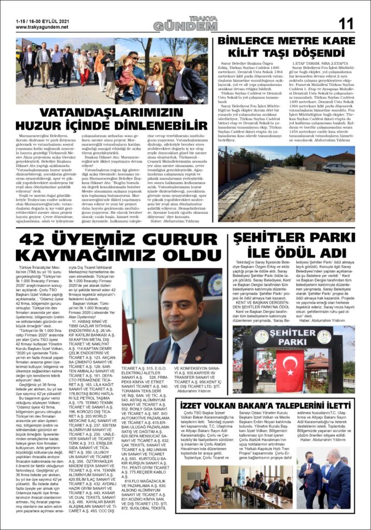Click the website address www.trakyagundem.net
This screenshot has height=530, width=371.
click(x=43, y=26)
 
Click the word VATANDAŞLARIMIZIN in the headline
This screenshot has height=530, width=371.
click(x=111, y=113)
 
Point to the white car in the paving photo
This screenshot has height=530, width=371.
click(x=338, y=168)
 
